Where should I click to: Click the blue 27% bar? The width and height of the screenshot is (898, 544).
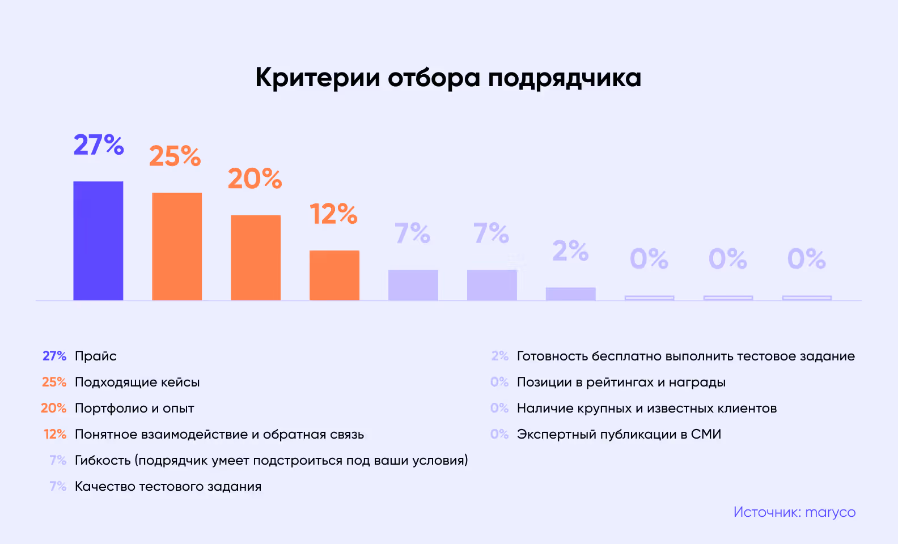tap(98, 241)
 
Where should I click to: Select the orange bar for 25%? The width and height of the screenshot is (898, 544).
tap(177, 246)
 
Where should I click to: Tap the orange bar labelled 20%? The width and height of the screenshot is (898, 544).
tap(256, 258)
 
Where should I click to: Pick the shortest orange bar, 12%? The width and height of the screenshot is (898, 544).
tap(334, 275)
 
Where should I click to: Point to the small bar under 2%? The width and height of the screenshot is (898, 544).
tap(570, 294)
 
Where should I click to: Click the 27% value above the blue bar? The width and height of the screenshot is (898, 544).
tap(99, 145)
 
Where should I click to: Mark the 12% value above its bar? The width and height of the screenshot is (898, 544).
tap(333, 214)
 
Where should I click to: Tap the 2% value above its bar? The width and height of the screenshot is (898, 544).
tap(570, 251)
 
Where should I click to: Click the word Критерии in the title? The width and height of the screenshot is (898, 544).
tap(317, 78)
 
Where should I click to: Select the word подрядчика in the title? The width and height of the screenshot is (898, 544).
tap(565, 78)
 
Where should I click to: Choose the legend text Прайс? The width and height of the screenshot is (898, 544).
tap(96, 356)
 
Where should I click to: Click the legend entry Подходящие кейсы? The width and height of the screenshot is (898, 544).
tap(137, 382)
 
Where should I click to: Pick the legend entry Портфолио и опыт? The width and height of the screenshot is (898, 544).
tap(134, 409)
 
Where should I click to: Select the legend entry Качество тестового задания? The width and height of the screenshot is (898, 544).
tap(168, 486)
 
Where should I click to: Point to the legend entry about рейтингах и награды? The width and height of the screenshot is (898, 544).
tap(621, 382)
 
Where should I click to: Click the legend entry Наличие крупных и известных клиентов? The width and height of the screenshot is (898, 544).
tap(646, 409)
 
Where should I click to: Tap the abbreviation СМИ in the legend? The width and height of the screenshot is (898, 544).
tap(706, 434)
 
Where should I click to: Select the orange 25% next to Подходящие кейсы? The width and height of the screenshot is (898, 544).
tap(54, 382)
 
